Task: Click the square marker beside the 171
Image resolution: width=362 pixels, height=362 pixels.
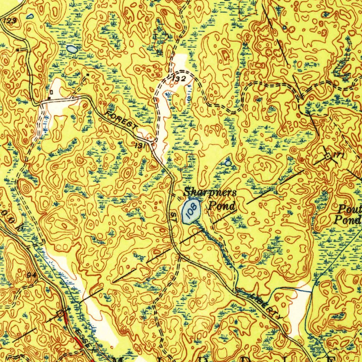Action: click(328, 156)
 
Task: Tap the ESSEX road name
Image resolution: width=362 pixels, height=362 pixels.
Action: click(85, 338)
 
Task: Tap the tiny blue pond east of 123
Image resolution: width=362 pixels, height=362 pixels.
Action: click(31, 16)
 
